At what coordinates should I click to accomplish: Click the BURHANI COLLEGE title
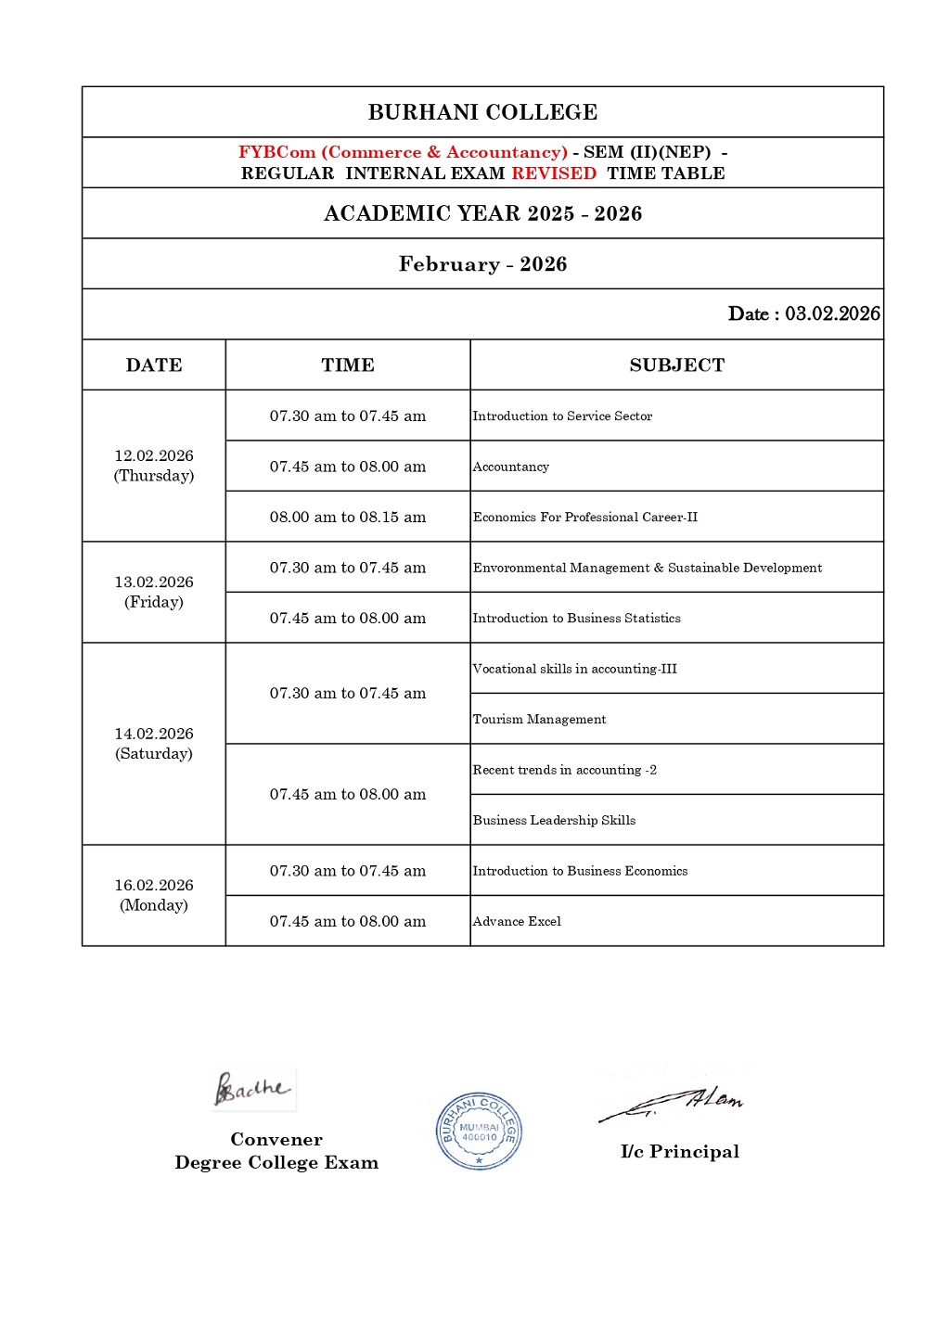pos(482,112)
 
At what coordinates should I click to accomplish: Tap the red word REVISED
pos(554,173)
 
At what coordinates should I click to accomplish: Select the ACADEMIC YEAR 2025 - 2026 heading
pos(482,213)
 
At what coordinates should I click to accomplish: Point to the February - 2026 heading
pos(482,264)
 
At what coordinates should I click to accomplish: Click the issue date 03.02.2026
pos(832,313)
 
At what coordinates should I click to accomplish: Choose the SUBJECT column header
pos(676,365)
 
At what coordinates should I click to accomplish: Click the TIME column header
pos(348,365)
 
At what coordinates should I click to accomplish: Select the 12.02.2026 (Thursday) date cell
pos(154,466)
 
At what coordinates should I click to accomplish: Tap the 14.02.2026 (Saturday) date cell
pos(154,744)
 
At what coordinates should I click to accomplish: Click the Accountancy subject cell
pos(511,467)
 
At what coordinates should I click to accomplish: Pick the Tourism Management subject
pos(539,719)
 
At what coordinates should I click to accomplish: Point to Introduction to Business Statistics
pos(576,618)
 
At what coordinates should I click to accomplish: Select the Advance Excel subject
pos(517,921)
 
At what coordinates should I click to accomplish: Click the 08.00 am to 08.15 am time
pos(348,517)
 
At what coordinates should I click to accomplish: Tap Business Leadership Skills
pos(554,820)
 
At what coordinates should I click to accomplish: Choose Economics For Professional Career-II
pos(584,517)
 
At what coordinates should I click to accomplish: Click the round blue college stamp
pos(479,1131)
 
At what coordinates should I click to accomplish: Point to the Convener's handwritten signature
pos(252,1089)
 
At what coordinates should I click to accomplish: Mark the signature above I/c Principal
pos(674,1103)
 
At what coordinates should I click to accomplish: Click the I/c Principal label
pos(680,1152)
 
